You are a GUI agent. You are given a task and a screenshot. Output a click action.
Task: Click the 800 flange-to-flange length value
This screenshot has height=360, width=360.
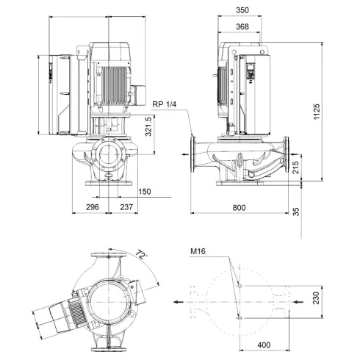click(240, 209)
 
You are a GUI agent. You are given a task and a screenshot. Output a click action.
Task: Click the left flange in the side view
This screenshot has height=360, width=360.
click(193, 156)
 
